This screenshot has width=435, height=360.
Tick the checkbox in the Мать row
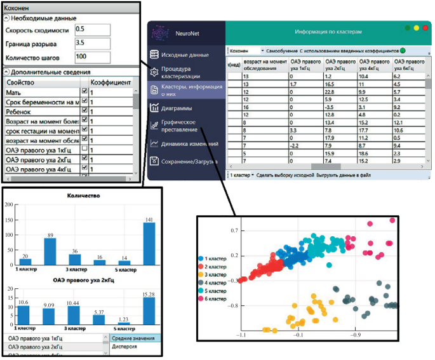coord(84,93)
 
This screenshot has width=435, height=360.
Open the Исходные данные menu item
coord(184,55)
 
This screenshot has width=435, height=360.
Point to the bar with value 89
coord(50,253)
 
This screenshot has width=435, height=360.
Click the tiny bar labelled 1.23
coord(124,323)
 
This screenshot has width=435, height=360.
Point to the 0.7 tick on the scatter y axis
coord(234,230)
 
